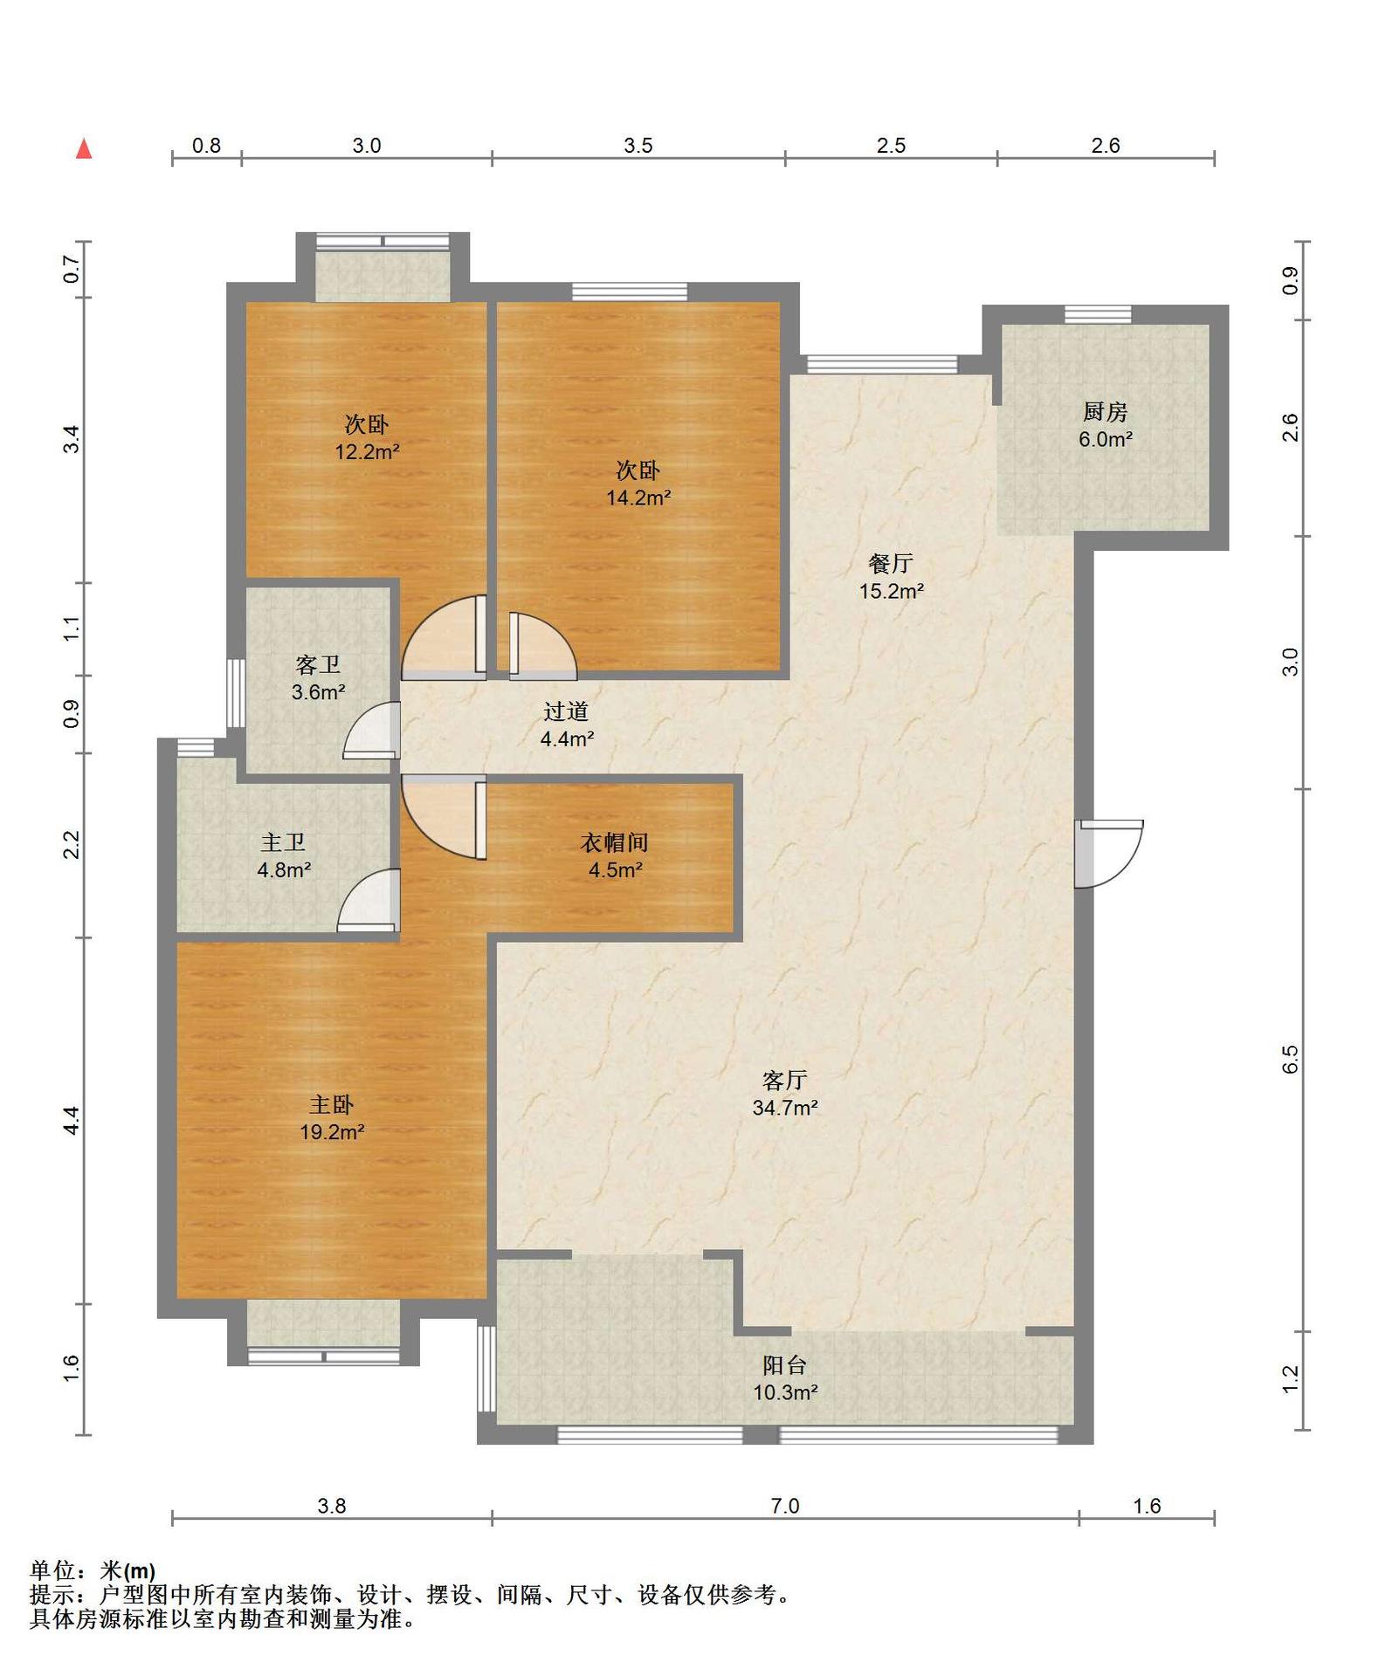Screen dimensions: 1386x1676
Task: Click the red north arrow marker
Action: pyautogui.click(x=84, y=148)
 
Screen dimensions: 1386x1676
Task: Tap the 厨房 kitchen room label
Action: pyautogui.click(x=1105, y=411)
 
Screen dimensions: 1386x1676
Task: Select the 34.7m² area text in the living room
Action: pyautogui.click(x=785, y=1108)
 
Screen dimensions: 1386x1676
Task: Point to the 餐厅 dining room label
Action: pyautogui.click(x=891, y=563)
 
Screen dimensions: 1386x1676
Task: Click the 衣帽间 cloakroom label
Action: pyautogui.click(x=615, y=842)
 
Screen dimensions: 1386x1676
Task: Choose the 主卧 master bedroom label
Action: pyautogui.click(x=332, y=1104)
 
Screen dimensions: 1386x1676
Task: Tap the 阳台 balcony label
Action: pyautogui.click(x=785, y=1364)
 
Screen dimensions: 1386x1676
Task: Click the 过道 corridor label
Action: pyautogui.click(x=566, y=711)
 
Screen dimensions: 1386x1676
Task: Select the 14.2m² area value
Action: pyautogui.click(x=638, y=498)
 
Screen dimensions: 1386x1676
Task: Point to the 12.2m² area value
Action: pyautogui.click(x=367, y=452)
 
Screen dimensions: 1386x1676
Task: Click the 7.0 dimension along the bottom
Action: pyautogui.click(x=785, y=1506)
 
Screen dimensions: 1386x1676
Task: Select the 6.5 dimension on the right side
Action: pyautogui.click(x=1291, y=1059)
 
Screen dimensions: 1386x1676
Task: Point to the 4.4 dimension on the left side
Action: pyautogui.click(x=71, y=1120)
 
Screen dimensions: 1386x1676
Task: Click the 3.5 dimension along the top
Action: pyautogui.click(x=638, y=146)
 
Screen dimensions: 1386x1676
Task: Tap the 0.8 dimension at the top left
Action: pyautogui.click(x=206, y=146)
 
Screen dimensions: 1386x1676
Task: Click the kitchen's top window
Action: pyautogui.click(x=1098, y=314)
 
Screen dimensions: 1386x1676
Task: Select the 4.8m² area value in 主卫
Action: pyautogui.click(x=284, y=870)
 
